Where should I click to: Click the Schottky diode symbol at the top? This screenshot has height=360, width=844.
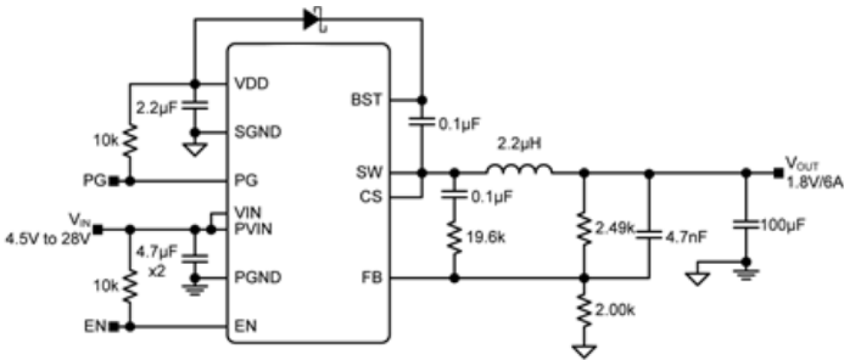pyautogui.click(x=312, y=19)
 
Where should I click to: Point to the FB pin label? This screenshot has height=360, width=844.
pyautogui.click(x=372, y=277)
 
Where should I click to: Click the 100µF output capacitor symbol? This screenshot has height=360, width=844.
pyautogui.click(x=745, y=222)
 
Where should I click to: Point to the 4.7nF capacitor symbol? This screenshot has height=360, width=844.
pyautogui.click(x=648, y=234)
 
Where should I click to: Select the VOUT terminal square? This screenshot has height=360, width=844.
pyautogui.click(x=778, y=173)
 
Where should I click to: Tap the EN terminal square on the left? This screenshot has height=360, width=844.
pyautogui.click(x=115, y=326)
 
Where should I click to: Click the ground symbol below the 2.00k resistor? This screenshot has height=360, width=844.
pyautogui.click(x=584, y=350)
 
